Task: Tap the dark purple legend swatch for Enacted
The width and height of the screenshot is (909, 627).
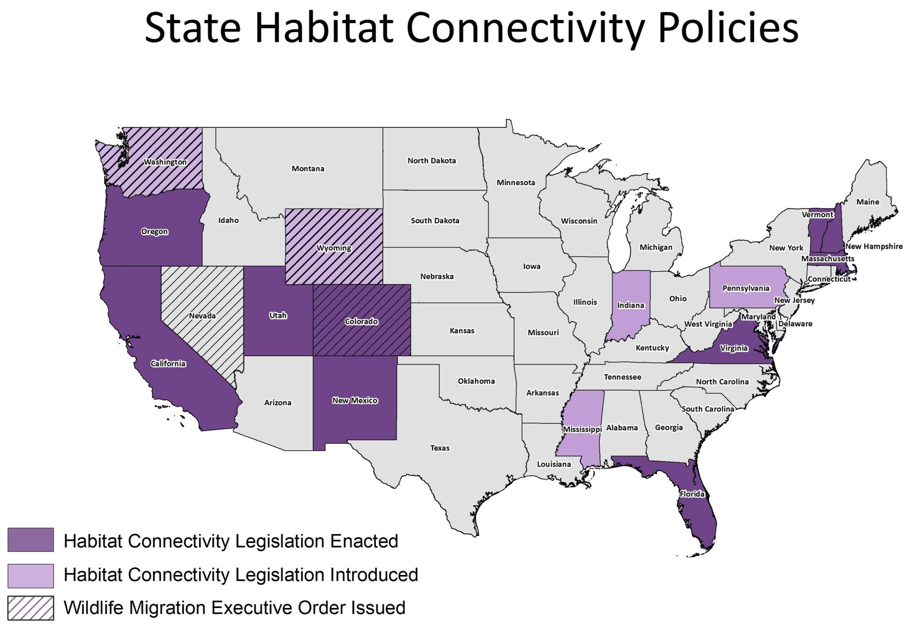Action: point(31,540)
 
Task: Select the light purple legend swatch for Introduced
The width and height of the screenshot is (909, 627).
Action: point(31,575)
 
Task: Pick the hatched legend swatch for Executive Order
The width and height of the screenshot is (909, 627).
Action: point(31,608)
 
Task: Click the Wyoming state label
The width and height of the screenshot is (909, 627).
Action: point(334,248)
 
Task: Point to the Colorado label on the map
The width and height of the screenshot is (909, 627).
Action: point(361,321)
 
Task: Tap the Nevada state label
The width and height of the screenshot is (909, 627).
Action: point(202,316)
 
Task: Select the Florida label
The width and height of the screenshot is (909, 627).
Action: point(692,494)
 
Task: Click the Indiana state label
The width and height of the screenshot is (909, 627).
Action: point(630,305)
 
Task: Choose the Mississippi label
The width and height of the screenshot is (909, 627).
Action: point(582,429)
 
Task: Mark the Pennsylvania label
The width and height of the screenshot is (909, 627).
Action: point(746,288)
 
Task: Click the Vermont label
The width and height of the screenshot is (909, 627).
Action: point(818,214)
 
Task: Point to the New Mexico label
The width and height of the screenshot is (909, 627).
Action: point(355,400)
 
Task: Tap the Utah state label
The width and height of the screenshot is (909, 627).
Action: point(278,315)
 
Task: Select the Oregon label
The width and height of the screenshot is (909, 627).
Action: point(154,231)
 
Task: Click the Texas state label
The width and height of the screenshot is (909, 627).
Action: point(439,448)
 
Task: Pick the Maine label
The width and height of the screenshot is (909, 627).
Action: point(867,202)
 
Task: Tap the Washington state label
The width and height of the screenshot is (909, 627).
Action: point(165,162)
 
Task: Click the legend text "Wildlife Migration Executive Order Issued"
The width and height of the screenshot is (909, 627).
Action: point(234,608)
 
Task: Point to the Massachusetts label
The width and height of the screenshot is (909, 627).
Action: point(827,258)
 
